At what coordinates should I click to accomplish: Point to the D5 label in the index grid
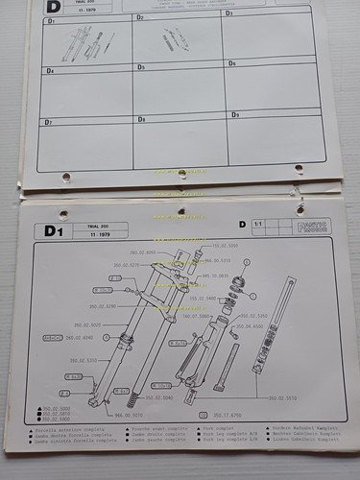click(x=141, y=67)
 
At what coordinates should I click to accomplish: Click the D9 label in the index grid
click(x=235, y=114)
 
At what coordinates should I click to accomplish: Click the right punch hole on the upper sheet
click(x=299, y=169)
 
